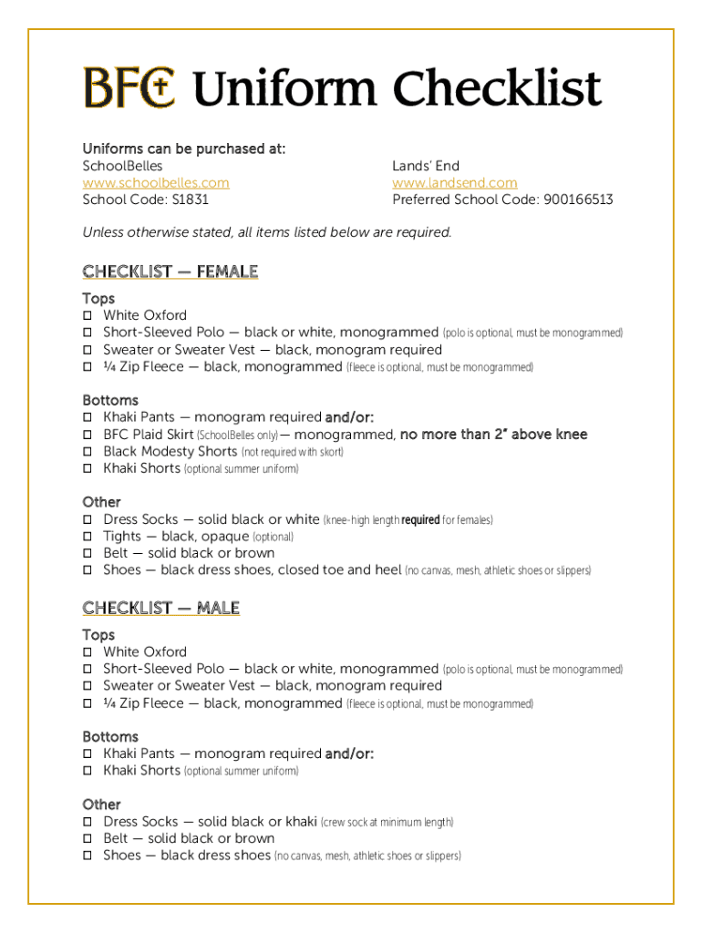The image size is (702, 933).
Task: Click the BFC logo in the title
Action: point(129,88)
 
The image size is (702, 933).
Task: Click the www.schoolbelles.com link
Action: point(156,183)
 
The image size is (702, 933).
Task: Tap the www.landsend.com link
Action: point(454,183)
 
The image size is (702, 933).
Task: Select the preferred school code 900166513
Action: point(578,200)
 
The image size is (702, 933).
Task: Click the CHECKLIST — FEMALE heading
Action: point(170,272)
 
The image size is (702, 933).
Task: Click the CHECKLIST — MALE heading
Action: point(160,608)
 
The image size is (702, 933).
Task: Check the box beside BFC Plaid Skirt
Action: point(88,435)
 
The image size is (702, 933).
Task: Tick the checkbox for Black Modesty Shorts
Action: point(88,452)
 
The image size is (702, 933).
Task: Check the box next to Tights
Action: point(88,537)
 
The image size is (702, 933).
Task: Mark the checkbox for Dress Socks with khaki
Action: point(88,822)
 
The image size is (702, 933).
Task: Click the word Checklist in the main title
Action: point(497,89)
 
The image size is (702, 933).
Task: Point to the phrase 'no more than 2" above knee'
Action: point(493,435)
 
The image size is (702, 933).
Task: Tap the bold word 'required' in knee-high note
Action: point(420,520)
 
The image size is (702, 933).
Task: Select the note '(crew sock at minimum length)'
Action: point(387,823)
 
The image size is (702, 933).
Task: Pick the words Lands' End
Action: point(426,166)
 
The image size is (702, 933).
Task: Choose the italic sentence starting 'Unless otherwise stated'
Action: point(267,232)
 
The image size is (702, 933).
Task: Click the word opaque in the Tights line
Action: point(224,537)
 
